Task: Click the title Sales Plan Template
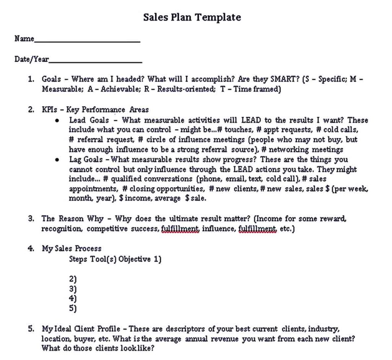(x=192, y=17)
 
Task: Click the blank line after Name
(x=87, y=41)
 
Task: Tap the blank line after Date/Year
(x=95, y=61)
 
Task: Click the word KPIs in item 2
(x=49, y=110)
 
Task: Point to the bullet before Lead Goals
(x=57, y=120)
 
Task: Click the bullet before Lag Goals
(x=57, y=160)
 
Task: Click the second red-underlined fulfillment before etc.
(x=257, y=229)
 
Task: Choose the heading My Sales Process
(x=72, y=249)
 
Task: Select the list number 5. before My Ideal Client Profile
(x=31, y=329)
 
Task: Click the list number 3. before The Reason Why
(x=31, y=219)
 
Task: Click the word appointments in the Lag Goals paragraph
(x=92, y=189)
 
